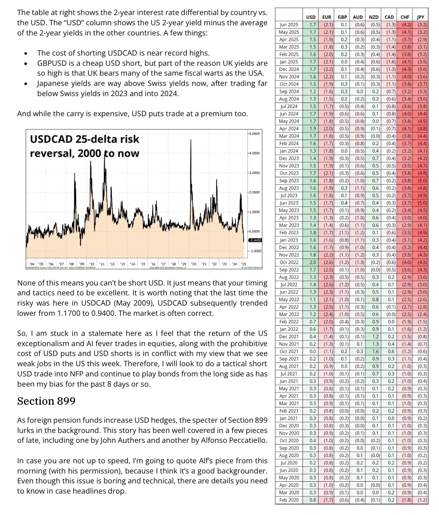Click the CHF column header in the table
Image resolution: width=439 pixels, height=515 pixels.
click(405, 17)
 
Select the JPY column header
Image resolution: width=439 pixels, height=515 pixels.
click(421, 17)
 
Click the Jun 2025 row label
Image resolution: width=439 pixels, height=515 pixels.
click(289, 25)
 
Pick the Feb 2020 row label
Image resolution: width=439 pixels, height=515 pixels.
click(289, 500)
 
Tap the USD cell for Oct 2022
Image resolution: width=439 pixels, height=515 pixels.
click(312, 262)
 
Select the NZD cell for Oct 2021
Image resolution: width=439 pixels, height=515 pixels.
click(375, 352)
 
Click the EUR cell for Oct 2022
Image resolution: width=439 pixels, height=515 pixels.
click(328, 262)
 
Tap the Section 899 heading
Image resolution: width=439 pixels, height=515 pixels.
click(46, 401)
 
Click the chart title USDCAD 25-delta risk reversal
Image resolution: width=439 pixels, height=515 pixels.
click(84, 146)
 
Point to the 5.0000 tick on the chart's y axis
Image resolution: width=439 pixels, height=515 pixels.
click(254, 134)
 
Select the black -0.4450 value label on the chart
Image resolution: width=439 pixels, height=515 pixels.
click(255, 240)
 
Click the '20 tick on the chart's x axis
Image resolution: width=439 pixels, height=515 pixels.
click(194, 264)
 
